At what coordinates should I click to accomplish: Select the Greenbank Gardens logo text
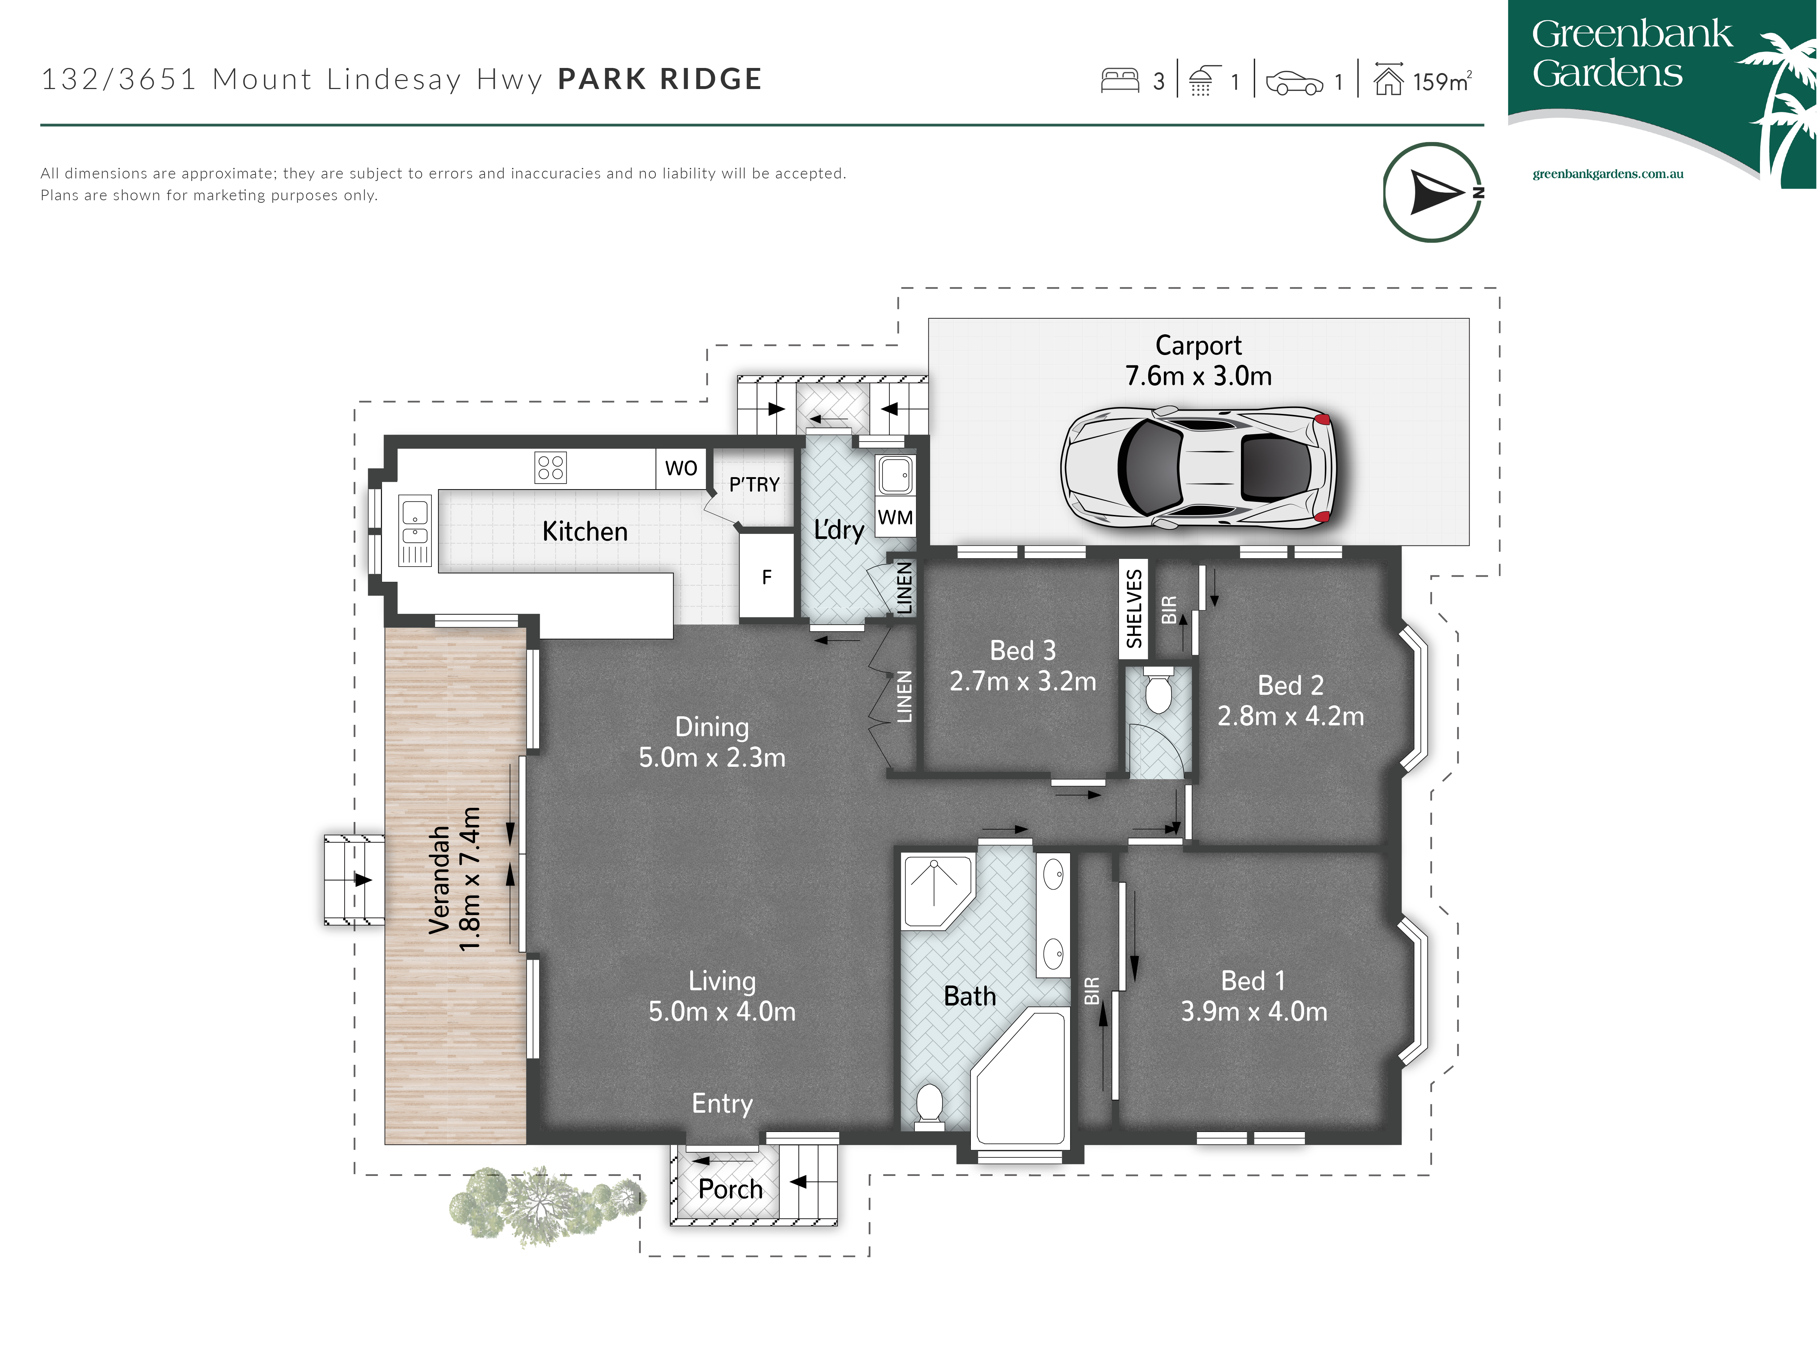1631,53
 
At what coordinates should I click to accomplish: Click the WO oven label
681,468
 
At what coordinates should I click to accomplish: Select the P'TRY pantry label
754,485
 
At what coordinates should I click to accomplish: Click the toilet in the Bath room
929,1107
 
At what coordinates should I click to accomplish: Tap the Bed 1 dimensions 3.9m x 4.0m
1254,1011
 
